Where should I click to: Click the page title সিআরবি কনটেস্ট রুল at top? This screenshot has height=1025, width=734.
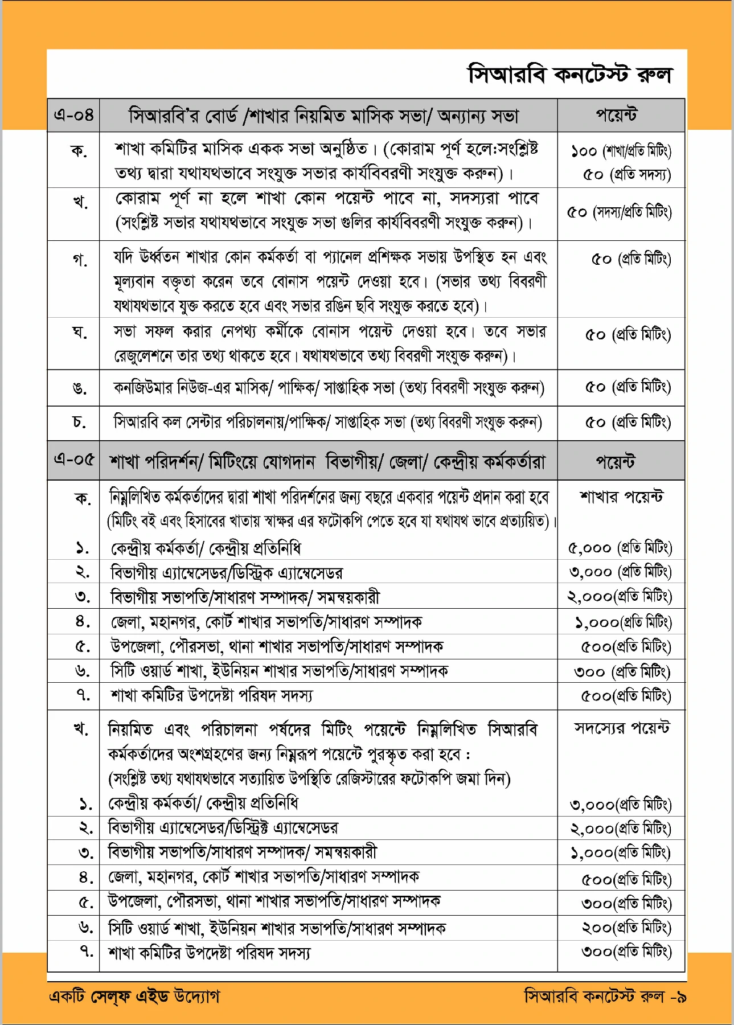[570, 75]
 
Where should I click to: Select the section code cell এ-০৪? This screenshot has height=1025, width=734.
[73, 116]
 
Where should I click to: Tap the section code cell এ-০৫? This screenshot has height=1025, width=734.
[73, 460]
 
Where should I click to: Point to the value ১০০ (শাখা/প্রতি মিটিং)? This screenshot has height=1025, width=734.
[621, 151]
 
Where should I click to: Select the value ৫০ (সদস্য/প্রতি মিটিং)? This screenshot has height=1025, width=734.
[620, 212]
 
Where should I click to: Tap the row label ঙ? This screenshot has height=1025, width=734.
[79, 389]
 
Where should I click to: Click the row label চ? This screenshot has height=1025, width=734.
[79, 422]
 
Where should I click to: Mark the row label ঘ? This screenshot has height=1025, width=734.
[79, 332]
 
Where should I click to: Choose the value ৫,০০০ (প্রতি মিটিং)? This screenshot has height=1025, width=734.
[620, 548]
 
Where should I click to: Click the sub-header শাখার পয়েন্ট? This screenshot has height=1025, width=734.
[621, 497]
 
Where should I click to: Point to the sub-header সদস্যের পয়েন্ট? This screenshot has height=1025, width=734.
[621, 728]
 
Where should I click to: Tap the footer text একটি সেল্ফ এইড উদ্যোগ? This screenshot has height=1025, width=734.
[134, 996]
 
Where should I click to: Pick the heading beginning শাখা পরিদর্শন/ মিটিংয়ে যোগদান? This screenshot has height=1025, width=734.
[327, 461]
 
